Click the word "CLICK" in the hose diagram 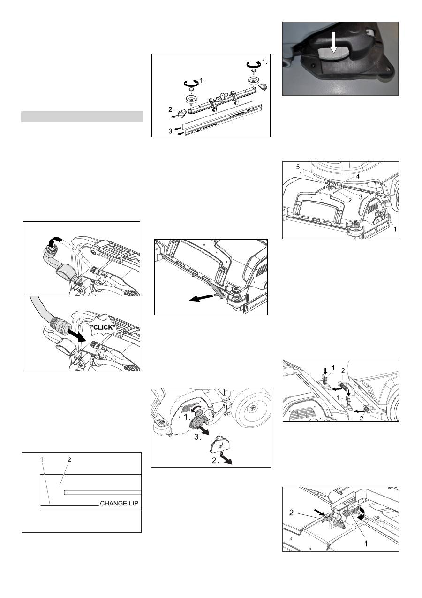click(x=102, y=327)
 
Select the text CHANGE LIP click(x=119, y=503)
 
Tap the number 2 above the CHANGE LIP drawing click(x=69, y=459)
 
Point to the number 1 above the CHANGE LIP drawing click(x=42, y=459)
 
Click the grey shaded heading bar click(x=82, y=116)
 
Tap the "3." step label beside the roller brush click(x=197, y=437)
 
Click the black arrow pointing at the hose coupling click(x=76, y=335)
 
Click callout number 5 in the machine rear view click(x=298, y=167)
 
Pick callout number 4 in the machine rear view click(x=358, y=177)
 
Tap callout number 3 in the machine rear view click(x=361, y=197)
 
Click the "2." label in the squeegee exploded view click(x=171, y=109)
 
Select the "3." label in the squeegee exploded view click(x=171, y=131)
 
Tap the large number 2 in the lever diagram click(x=291, y=513)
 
